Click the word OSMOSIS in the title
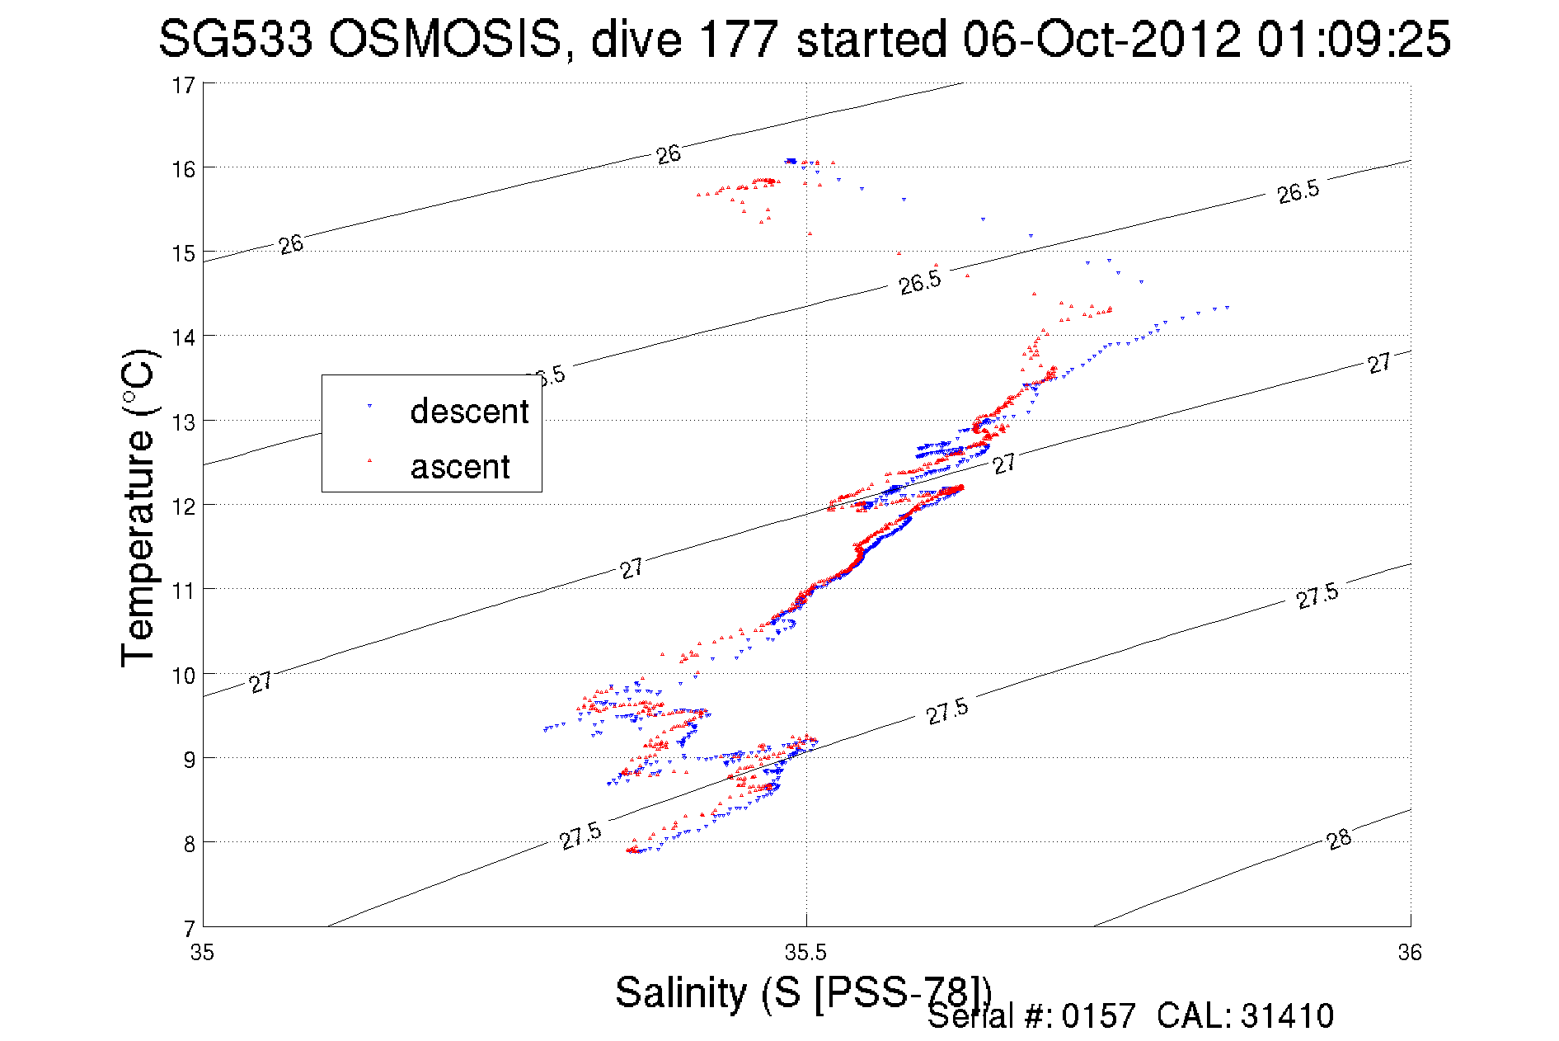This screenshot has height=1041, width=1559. pos(444,39)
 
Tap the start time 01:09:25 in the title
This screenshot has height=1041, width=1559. pos(1353,39)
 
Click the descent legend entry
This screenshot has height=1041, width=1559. pos(468,411)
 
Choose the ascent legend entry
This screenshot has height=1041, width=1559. pos(460,467)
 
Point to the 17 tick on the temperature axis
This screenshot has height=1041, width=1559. pos(184,85)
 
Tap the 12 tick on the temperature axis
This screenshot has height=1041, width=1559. pos(184,506)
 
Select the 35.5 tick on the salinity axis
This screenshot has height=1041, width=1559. pos(805,954)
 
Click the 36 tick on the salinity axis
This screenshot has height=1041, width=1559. pos(1410,954)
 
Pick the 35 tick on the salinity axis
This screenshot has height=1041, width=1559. pos(202,954)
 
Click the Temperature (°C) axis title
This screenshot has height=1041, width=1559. pos(139,507)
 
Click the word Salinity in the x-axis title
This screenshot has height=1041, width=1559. pos(681,992)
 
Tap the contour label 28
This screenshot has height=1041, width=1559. pos(1339,840)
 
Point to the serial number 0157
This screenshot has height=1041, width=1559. pos(1098,1016)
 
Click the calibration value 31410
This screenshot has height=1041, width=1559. pos(1286,1016)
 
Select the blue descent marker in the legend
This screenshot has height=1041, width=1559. pos(369,406)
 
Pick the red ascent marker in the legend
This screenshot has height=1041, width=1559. pos(369,460)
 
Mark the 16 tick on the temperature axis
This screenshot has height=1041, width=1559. pos(184,169)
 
